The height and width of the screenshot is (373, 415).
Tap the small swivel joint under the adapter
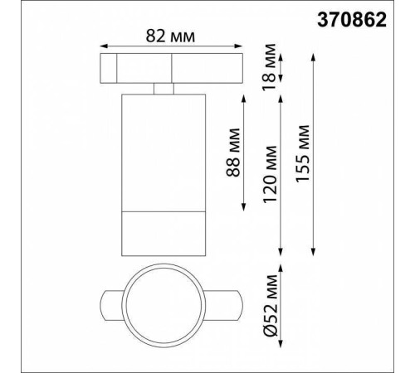click(x=163, y=89)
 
